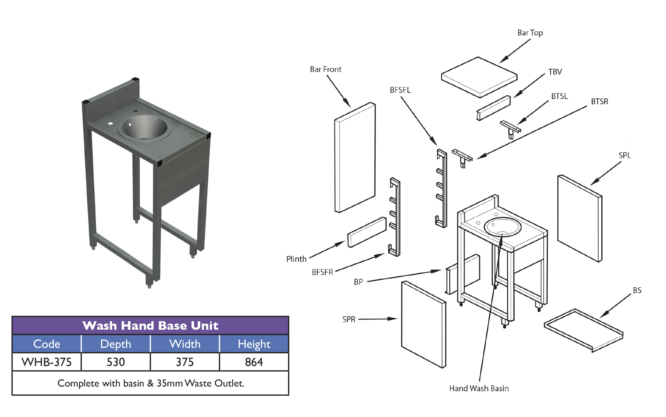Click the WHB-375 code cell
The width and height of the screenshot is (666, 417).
47,362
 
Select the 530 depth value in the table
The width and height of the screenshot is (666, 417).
116,362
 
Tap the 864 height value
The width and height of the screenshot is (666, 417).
254,362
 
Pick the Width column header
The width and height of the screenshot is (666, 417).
185,344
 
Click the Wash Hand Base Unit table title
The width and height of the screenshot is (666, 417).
150,326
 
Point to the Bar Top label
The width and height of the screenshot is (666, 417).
530,33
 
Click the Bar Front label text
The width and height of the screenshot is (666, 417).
326,69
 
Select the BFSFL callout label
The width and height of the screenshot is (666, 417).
400,90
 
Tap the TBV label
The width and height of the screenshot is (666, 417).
555,72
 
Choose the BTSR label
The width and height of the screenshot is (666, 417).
600,102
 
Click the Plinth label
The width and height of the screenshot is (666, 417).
296,259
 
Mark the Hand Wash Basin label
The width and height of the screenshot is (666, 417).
479,389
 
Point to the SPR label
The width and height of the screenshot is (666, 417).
349,319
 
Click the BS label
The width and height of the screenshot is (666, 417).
637,290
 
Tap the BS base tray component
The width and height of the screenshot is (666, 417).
583,330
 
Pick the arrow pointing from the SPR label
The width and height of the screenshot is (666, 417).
378,319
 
